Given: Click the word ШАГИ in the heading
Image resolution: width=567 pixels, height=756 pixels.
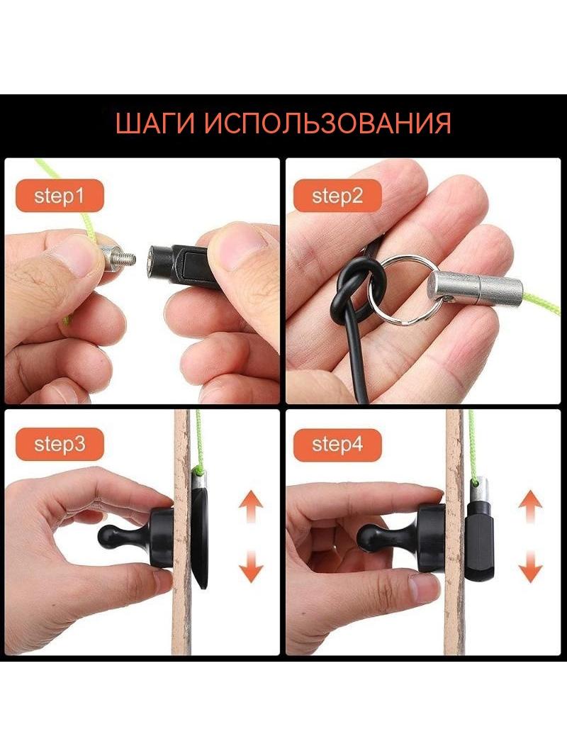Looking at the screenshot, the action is tap(155, 123).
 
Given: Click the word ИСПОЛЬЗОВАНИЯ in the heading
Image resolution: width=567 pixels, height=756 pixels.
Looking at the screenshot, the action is tap(327, 123).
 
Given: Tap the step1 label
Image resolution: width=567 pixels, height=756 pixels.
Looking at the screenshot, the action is tap(60, 196).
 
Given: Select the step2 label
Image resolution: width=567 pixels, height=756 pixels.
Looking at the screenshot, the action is tap(337, 196).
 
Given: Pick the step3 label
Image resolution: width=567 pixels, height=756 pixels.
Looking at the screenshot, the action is tap(60, 444).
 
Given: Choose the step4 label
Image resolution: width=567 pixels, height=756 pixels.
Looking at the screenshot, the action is tap(337, 444).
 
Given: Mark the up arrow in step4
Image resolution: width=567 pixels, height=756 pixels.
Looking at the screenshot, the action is tap(530, 506).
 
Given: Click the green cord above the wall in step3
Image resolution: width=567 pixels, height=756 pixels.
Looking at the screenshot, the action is tap(198, 441).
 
